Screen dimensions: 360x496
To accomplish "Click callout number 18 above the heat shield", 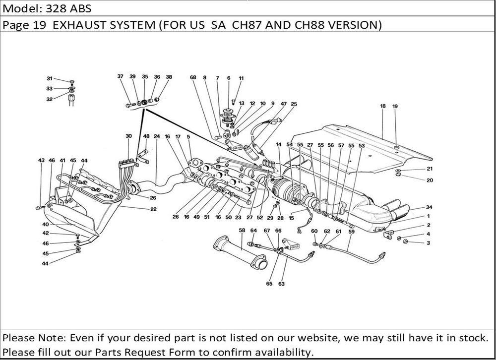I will pos(383,106).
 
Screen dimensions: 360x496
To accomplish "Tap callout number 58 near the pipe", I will pos(242,230).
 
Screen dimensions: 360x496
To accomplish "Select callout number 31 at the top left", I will pos(50,78).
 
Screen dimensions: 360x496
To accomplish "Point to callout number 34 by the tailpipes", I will pos(429,207).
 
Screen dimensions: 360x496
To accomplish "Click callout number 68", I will pos(193,77).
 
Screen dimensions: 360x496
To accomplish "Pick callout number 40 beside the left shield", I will pos(45,224).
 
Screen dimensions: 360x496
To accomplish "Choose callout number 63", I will pos(282,284).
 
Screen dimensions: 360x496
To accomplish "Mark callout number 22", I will pos(154,209).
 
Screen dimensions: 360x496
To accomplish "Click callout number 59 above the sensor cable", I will pos(351,231).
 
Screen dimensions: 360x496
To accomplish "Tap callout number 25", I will pos(294,104).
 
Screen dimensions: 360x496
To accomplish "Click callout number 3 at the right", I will pos(429,242).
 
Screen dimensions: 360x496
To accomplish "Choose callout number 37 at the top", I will pos(121,76).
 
